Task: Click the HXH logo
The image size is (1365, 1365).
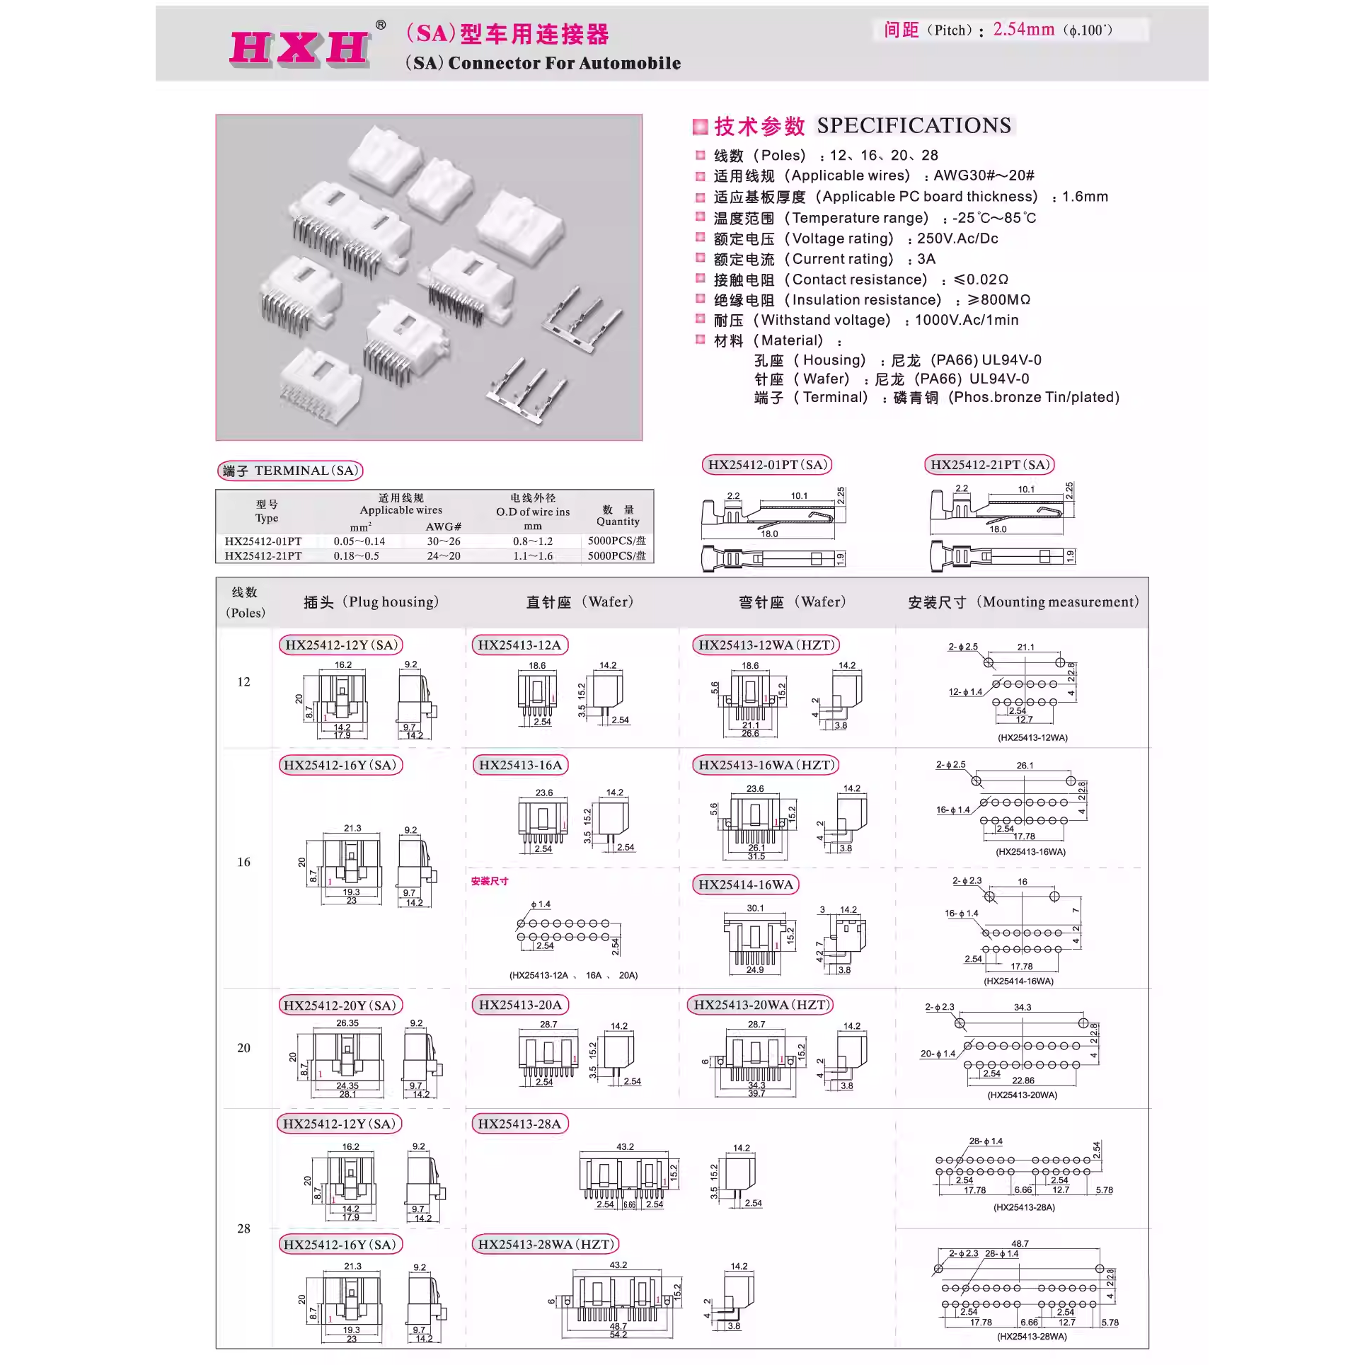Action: click(300, 47)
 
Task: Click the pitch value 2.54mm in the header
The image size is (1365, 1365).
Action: click(1023, 30)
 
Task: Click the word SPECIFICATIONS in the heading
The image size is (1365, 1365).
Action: click(914, 126)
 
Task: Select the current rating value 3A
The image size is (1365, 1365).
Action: click(926, 259)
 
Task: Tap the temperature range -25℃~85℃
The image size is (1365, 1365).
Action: click(993, 218)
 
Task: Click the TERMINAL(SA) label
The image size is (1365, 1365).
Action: click(290, 471)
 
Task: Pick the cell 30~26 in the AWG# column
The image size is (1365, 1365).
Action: click(443, 541)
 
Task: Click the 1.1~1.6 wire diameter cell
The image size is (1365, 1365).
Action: click(532, 556)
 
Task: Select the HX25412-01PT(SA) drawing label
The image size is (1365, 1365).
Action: click(767, 465)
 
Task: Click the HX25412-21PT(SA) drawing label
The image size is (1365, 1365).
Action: click(989, 465)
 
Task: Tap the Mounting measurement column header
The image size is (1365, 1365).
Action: click(1023, 602)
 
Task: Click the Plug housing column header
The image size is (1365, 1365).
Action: click(371, 602)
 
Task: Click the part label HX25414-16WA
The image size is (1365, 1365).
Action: click(746, 885)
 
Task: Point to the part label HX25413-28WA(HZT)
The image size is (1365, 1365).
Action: click(545, 1244)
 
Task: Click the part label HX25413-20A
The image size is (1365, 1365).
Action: click(520, 1005)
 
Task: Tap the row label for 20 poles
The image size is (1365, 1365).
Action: click(243, 1048)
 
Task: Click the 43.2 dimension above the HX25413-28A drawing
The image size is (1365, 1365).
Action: click(625, 1146)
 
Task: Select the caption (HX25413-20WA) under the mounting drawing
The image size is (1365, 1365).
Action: click(1022, 1095)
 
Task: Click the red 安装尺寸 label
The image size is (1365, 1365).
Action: click(489, 881)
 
